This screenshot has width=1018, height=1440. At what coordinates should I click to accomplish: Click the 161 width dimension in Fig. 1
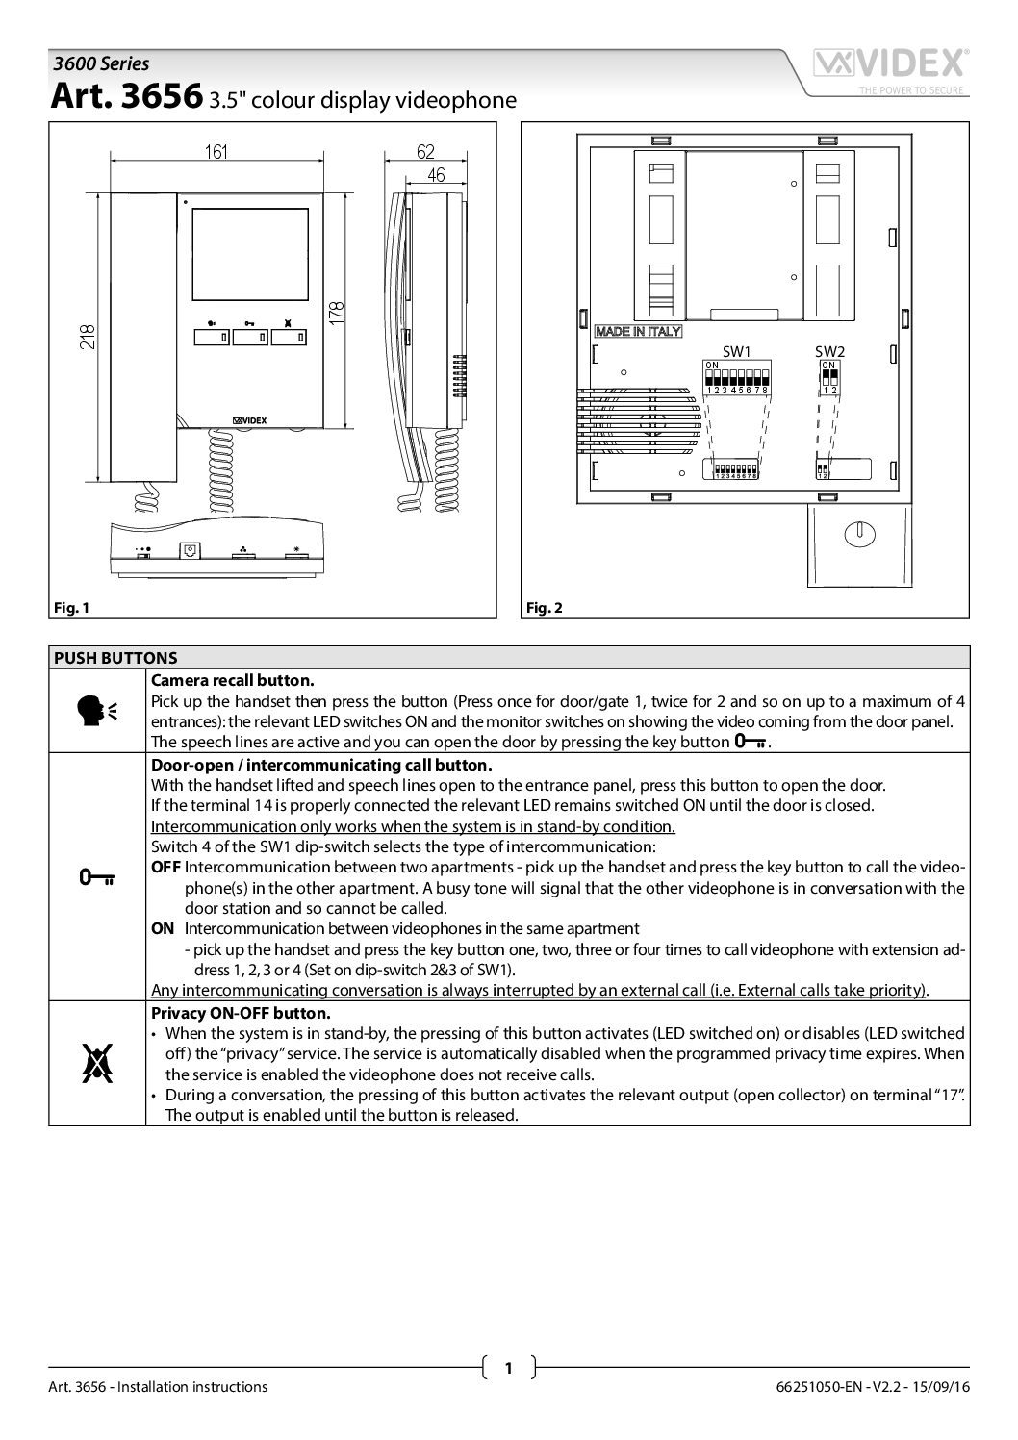tap(216, 151)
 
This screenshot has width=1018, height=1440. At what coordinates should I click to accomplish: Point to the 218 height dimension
tap(88, 336)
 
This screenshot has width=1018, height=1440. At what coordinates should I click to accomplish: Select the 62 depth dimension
tap(425, 151)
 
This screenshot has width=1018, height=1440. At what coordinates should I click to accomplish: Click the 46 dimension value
tap(436, 174)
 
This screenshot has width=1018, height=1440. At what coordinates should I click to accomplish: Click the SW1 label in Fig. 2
tap(736, 351)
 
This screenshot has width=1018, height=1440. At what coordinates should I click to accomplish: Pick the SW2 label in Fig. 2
tap(828, 351)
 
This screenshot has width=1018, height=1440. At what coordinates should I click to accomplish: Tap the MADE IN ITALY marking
tap(638, 332)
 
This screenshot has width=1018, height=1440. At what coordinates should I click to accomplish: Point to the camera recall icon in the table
tap(97, 710)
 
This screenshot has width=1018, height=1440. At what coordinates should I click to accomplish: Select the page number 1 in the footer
tap(508, 1367)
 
